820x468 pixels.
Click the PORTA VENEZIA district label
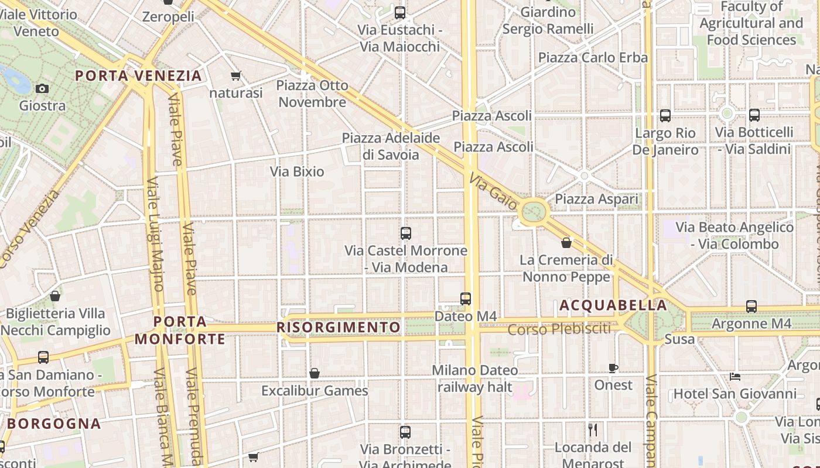[138, 75]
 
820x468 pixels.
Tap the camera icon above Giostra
[42, 89]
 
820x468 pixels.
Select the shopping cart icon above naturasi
[236, 75]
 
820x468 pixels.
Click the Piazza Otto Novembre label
[312, 94]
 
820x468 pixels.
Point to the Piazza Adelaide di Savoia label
[391, 146]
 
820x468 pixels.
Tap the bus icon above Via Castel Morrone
[406, 233]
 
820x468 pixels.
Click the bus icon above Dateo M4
[466, 299]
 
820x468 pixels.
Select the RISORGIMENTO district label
[339, 327]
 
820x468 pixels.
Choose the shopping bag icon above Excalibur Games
[315, 373]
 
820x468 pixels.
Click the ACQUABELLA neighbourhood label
[613, 305]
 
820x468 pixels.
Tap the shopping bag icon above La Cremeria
[566, 242]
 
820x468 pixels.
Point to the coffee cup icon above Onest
[613, 368]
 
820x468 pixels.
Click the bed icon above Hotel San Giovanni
[735, 377]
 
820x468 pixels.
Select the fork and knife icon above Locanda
[593, 430]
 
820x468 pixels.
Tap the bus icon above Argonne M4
[751, 306]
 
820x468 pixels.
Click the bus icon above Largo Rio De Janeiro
[665, 116]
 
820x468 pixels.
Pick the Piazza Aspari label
[596, 199]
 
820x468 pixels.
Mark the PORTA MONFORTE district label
[180, 331]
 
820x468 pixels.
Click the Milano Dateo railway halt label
[474, 378]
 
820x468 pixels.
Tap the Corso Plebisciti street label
[559, 329]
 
